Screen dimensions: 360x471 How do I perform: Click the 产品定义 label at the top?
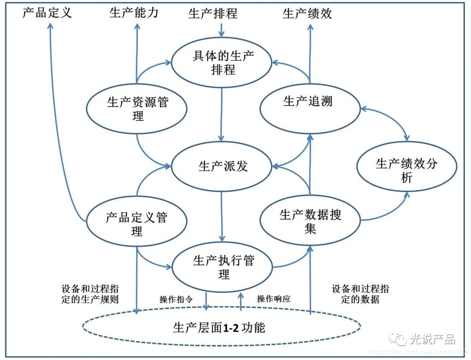[47, 13]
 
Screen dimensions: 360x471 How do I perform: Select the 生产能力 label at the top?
[134, 13]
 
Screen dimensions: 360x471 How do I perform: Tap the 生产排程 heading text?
[213, 14]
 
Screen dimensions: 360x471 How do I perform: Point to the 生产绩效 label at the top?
[307, 14]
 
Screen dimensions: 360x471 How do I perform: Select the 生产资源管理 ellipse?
[137, 109]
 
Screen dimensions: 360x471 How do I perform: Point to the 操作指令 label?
[176, 299]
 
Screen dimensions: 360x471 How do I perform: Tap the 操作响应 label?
[273, 299]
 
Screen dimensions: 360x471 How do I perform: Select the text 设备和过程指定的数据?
[360, 294]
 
